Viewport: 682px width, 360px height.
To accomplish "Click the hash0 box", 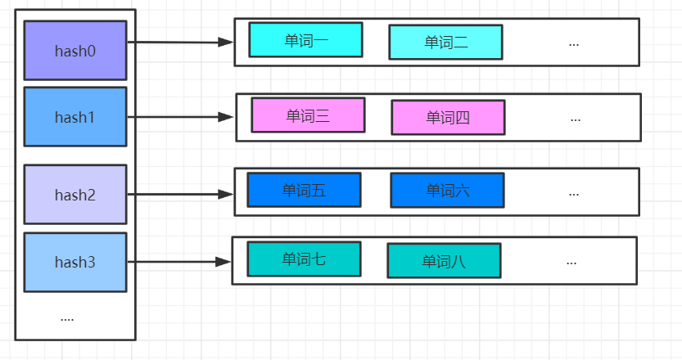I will pyautogui.click(x=75, y=51).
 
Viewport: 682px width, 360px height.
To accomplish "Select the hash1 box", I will pyautogui.click(x=75, y=117).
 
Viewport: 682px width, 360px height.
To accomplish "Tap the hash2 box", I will pyautogui.click(x=75, y=195).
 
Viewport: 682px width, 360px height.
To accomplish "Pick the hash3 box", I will pyautogui.click(x=75, y=263).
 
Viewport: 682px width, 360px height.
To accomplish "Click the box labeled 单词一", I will pyautogui.click(x=305, y=40).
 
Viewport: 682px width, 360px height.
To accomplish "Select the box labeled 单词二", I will pyautogui.click(x=445, y=43).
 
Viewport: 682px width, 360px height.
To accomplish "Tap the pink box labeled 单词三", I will pyautogui.click(x=308, y=115).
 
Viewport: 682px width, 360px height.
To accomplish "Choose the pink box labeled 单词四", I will pyautogui.click(x=448, y=117).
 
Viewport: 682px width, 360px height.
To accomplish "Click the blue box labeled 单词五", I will pyautogui.click(x=304, y=190).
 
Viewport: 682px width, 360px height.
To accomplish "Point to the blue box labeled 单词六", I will pyautogui.click(x=447, y=191).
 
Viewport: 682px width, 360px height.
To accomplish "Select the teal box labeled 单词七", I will pyautogui.click(x=304, y=259).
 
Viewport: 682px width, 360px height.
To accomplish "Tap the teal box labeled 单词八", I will pyautogui.click(x=444, y=261).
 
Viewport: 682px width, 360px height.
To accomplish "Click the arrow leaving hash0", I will pyautogui.click(x=180, y=42).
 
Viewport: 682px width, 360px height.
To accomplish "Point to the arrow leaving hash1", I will pyautogui.click(x=180, y=117).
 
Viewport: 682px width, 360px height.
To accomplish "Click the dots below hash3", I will pyautogui.click(x=67, y=318).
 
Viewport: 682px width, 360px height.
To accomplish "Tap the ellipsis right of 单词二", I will pyautogui.click(x=573, y=43).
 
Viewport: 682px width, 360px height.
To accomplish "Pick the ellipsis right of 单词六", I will pyautogui.click(x=573, y=192).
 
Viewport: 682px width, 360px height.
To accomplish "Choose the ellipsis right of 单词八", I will pyautogui.click(x=571, y=261).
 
